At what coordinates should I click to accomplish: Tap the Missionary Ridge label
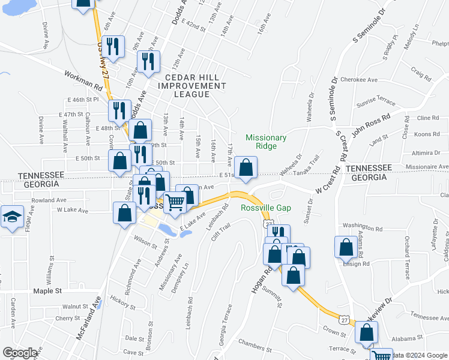point(266,142)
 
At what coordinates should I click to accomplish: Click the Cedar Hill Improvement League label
point(191,86)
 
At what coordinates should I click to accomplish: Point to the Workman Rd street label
point(83,79)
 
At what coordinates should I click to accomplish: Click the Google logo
point(20,353)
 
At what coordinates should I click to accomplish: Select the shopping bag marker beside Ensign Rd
point(346,247)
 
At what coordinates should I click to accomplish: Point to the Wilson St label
point(145,241)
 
